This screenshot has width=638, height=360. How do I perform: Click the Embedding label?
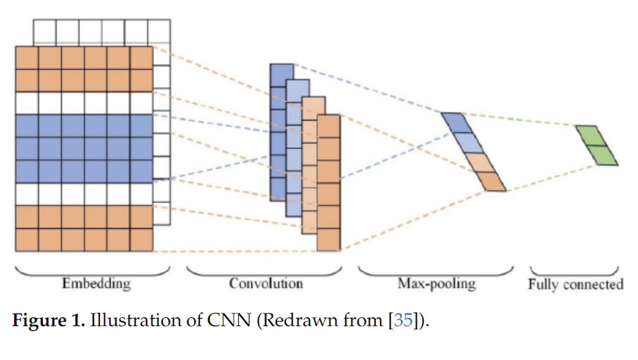pos(96,284)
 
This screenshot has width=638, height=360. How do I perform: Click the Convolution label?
pos(266,284)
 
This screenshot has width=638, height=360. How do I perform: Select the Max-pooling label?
pos(437,284)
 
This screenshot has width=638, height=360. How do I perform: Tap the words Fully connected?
pos(575,285)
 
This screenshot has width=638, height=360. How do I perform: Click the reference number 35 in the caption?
pos(403,320)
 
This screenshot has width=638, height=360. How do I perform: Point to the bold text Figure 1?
pos(48,320)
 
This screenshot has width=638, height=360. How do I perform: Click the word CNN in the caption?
pos(229,320)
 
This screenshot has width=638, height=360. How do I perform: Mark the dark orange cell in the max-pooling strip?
pos(491,182)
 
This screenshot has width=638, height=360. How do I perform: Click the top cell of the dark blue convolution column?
pos(282,75)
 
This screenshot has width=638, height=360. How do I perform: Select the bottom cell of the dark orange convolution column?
pos(329,239)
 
